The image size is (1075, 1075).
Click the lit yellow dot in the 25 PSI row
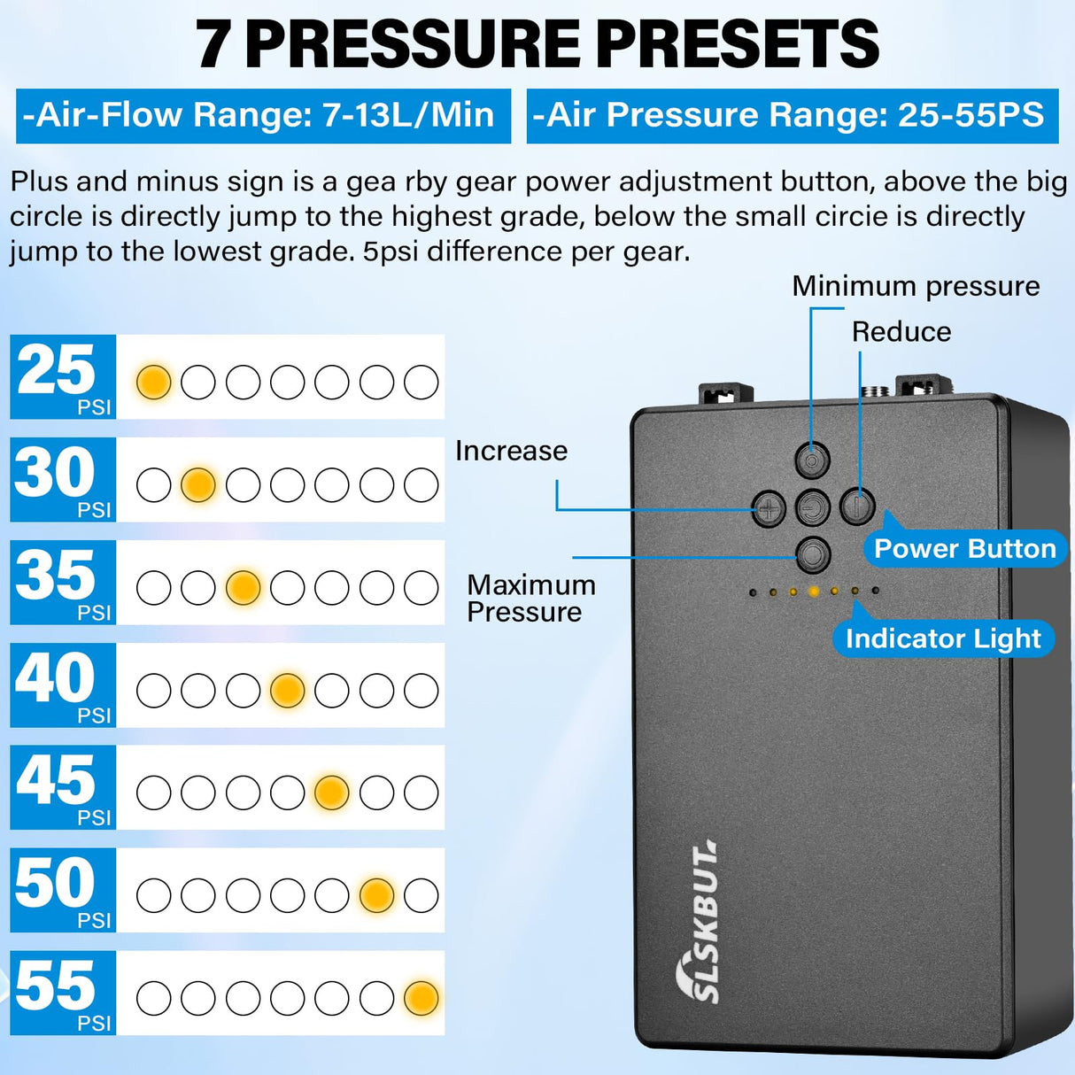[153, 383]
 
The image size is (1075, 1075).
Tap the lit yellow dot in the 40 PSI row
[287, 690]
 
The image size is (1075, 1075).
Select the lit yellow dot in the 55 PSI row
[421, 998]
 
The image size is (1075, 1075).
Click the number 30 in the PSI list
[55, 472]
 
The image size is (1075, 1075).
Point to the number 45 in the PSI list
[55, 779]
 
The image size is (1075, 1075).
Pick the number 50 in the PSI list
[55, 882]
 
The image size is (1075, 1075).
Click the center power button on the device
[812, 507]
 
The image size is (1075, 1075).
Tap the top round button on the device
[812, 460]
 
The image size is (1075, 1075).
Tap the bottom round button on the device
[812, 554]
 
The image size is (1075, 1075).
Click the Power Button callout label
[965, 548]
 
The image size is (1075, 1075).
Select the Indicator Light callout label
[943, 638]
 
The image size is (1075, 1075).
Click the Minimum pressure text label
[916, 287]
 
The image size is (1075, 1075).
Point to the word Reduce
[901, 332]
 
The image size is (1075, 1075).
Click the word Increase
[512, 451]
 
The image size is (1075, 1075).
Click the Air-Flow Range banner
[263, 116]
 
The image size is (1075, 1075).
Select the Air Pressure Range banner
[793, 116]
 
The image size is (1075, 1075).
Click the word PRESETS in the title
[742, 44]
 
